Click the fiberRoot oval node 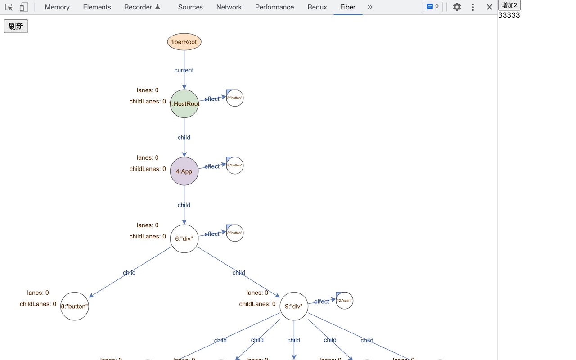pos(184,42)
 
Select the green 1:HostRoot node pos(184,103)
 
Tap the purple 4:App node pos(184,171)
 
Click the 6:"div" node pos(184,238)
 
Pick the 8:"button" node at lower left pos(75,306)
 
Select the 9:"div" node pos(294,306)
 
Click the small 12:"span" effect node pos(345,300)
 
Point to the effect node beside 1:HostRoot pos(235,98)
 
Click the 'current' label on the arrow pos(184,70)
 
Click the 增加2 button pos(509,5)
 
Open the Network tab pos(229,7)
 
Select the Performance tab pos(274,7)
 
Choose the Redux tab pos(317,7)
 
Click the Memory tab pos(57,7)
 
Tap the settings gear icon pos(457,7)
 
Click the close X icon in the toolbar pos(490,7)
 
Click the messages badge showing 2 pos(432,7)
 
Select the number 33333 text pos(509,15)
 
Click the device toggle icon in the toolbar pos(24,7)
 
